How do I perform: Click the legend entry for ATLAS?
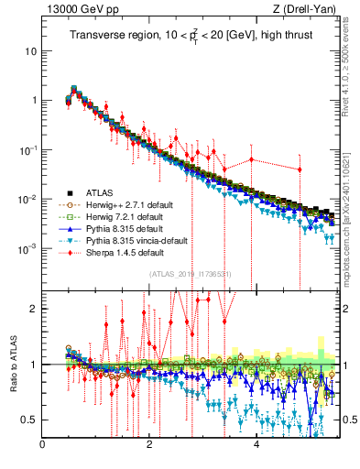coord(101,193)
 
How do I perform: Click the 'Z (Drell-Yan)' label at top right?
coord(310,10)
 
